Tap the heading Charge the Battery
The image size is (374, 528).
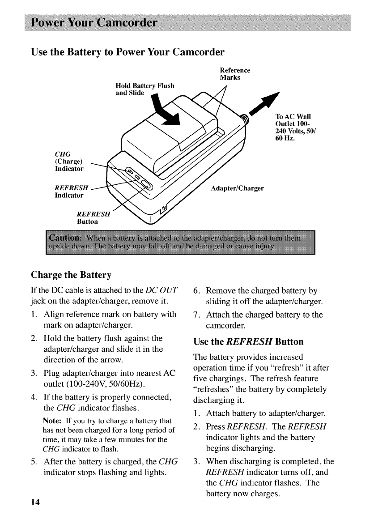click(71, 274)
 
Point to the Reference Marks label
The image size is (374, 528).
click(234, 73)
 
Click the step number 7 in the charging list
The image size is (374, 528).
click(195, 315)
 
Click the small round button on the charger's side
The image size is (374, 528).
click(164, 209)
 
